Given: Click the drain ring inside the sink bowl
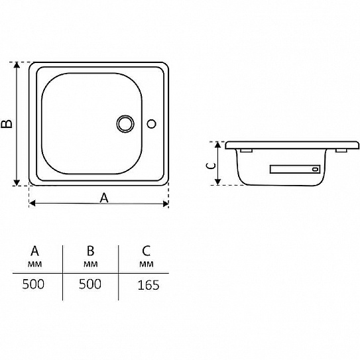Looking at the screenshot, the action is (125, 117).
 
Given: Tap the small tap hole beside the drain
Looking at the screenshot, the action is (152, 120).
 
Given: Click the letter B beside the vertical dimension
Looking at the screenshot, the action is (7, 123).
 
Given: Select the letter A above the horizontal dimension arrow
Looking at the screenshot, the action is (104, 198).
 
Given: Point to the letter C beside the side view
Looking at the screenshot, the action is (211, 166).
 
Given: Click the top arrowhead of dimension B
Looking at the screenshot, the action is (17, 64).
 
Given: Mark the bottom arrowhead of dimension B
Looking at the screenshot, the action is (17, 183).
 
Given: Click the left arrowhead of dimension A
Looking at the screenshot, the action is (32, 203).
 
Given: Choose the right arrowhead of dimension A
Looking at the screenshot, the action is (165, 204).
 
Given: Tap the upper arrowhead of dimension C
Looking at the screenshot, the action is (218, 145).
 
